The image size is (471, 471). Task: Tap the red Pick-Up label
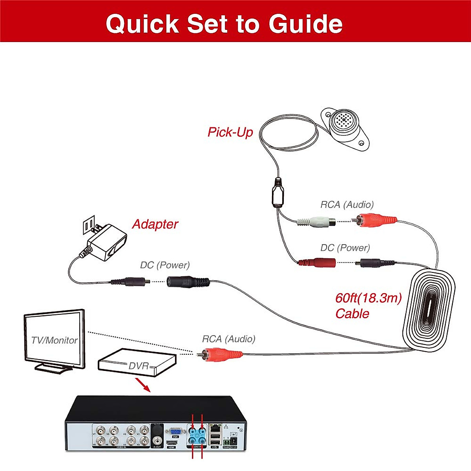230,132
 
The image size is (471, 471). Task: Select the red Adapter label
155,224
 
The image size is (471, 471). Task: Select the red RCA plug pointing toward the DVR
222,354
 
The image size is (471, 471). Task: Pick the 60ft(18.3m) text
368,298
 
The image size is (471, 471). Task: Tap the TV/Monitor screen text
54,340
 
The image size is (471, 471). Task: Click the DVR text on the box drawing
139,366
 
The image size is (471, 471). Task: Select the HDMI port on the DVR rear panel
172,443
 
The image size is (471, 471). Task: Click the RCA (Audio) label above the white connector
347,204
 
